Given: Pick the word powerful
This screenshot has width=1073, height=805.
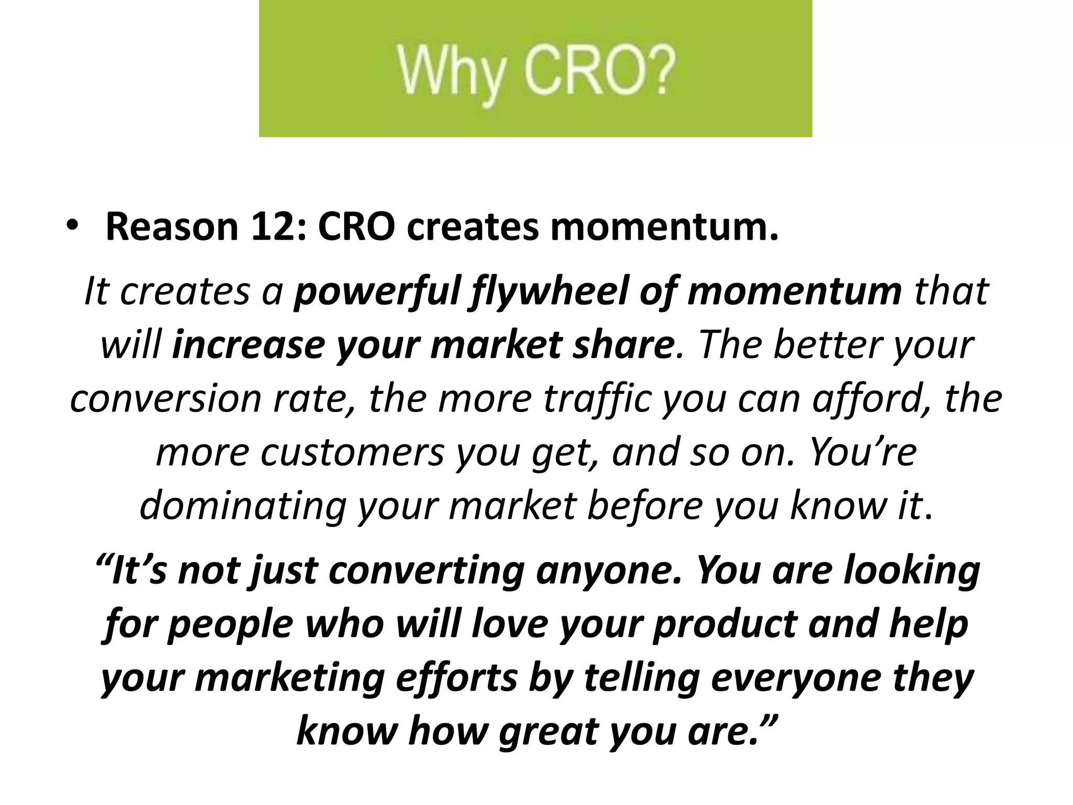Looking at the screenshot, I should tap(378, 291).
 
